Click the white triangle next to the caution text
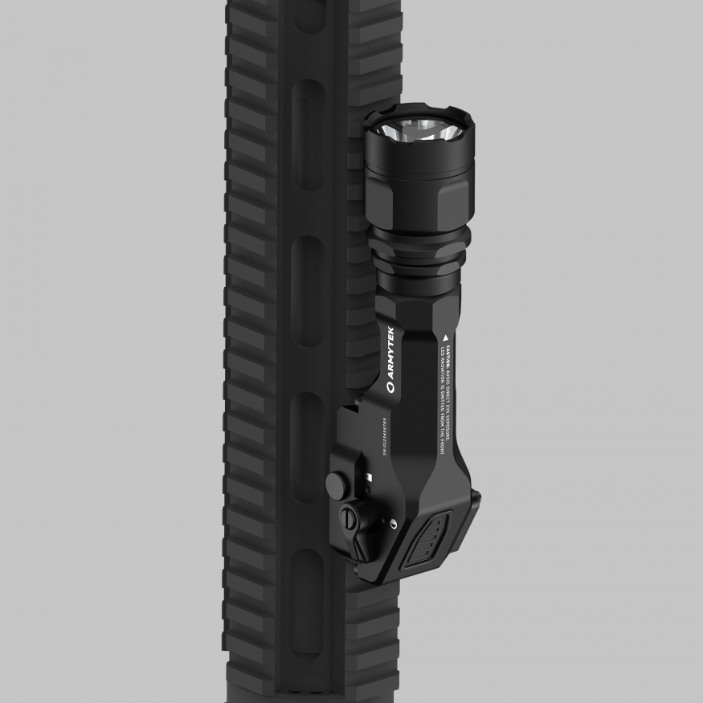(443, 331)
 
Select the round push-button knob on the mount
(336, 482)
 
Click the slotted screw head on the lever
(350, 519)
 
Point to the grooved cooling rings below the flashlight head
(419, 257)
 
